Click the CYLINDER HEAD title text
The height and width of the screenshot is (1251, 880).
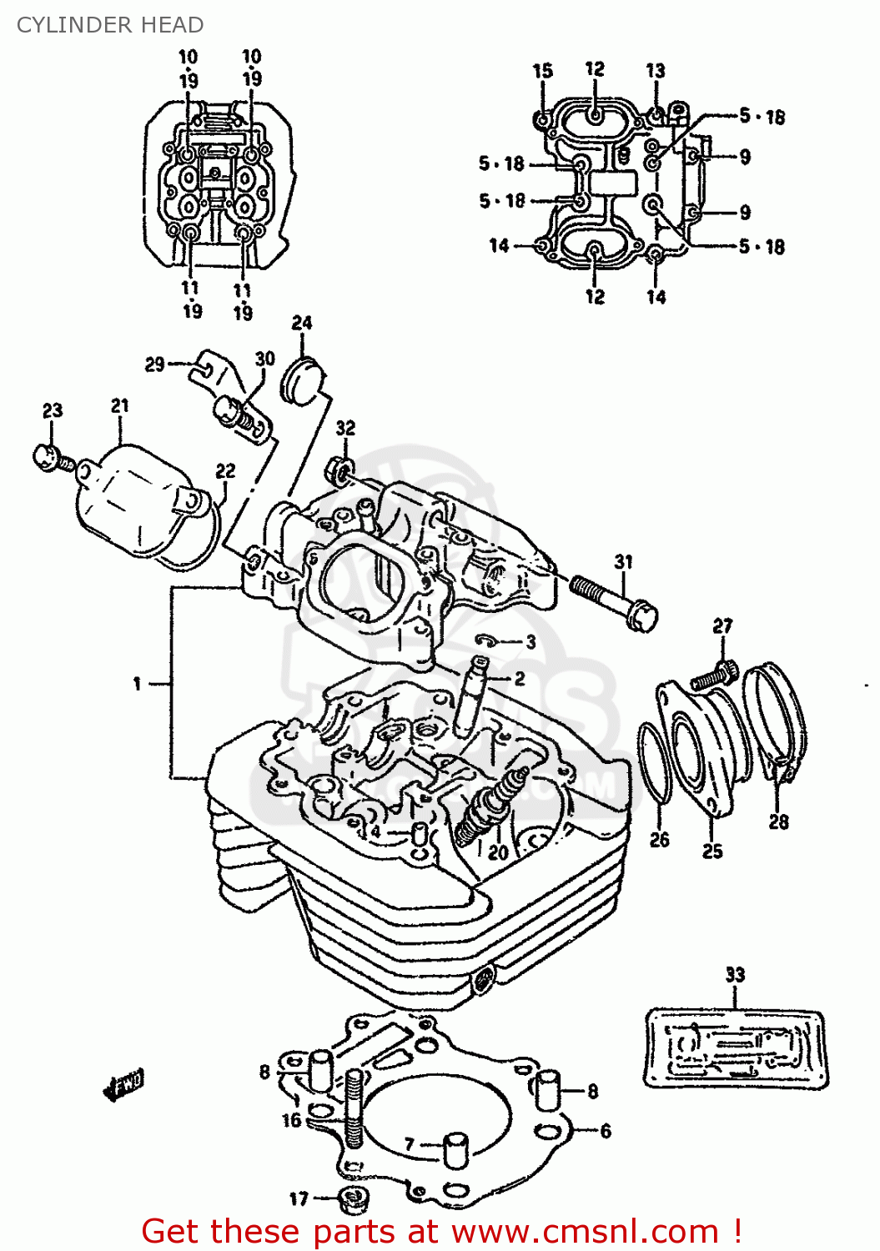click(109, 25)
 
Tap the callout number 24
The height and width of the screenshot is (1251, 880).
click(302, 323)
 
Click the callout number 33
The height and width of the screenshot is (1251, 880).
click(734, 974)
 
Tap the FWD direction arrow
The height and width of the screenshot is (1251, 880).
click(123, 1083)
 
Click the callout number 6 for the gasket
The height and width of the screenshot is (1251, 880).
click(606, 1131)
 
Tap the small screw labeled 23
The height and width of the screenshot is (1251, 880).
click(48, 457)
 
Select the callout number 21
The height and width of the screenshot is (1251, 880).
click(120, 405)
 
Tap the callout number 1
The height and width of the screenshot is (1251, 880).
click(137, 684)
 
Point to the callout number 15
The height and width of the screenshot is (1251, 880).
click(542, 71)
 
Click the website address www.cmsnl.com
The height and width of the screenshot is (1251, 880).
click(585, 1231)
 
